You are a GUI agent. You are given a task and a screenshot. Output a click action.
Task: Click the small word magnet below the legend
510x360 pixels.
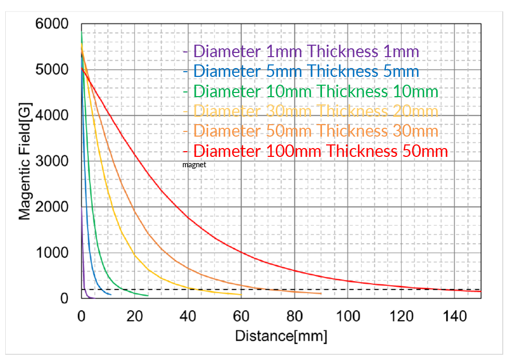point(195,165)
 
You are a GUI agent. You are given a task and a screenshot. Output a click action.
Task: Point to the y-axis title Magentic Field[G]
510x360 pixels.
point(24,161)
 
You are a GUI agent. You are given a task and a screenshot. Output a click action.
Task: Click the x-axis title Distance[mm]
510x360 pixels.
point(281,336)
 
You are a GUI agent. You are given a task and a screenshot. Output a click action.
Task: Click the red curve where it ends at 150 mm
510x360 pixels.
point(480,291)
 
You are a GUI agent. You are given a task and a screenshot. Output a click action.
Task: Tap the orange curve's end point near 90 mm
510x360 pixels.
point(321,294)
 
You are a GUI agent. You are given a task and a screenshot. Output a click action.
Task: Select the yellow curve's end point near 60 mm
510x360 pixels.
point(241,295)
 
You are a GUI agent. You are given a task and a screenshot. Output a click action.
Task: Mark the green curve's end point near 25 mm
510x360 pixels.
point(148,296)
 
